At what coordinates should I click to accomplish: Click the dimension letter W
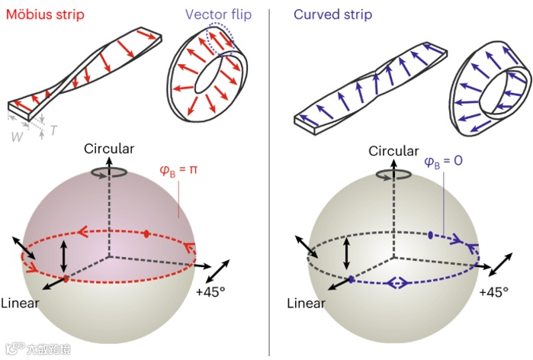coord(17,137)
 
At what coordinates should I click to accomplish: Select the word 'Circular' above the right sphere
coord(393,150)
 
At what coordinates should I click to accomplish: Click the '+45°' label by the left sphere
coord(211,291)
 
